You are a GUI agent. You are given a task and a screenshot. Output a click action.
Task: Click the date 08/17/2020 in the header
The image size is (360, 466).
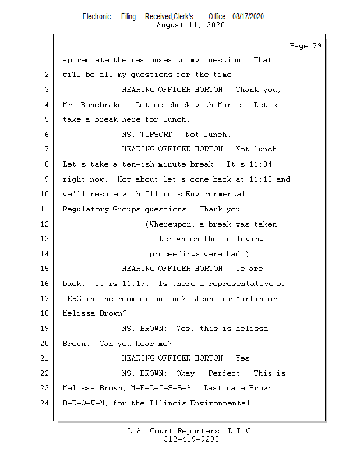point(248,16)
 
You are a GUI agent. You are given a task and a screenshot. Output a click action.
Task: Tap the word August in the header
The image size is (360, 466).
point(170,25)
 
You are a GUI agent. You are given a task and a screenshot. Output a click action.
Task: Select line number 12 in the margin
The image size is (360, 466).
point(46,224)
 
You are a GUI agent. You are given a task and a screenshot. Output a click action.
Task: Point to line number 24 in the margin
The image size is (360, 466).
point(46,403)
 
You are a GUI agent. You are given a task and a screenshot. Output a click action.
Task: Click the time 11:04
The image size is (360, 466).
point(260,164)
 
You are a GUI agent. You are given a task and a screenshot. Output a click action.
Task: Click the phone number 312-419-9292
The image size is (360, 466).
point(191,439)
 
